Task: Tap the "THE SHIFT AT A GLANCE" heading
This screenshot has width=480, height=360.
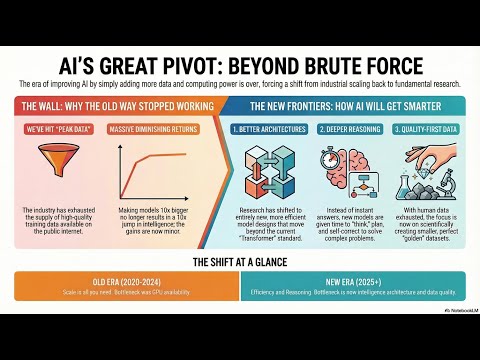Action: [240, 261]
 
